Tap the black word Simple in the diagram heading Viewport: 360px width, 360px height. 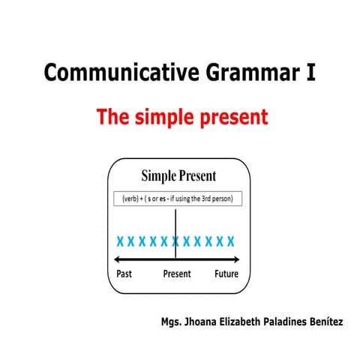[158, 177]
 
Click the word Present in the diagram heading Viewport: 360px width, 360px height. [198, 177]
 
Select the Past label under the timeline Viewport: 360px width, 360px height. [126, 274]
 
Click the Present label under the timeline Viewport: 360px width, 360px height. [177, 274]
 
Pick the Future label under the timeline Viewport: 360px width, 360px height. [226, 274]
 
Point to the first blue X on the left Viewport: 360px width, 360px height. [120, 241]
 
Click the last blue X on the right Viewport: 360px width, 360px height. [231, 241]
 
